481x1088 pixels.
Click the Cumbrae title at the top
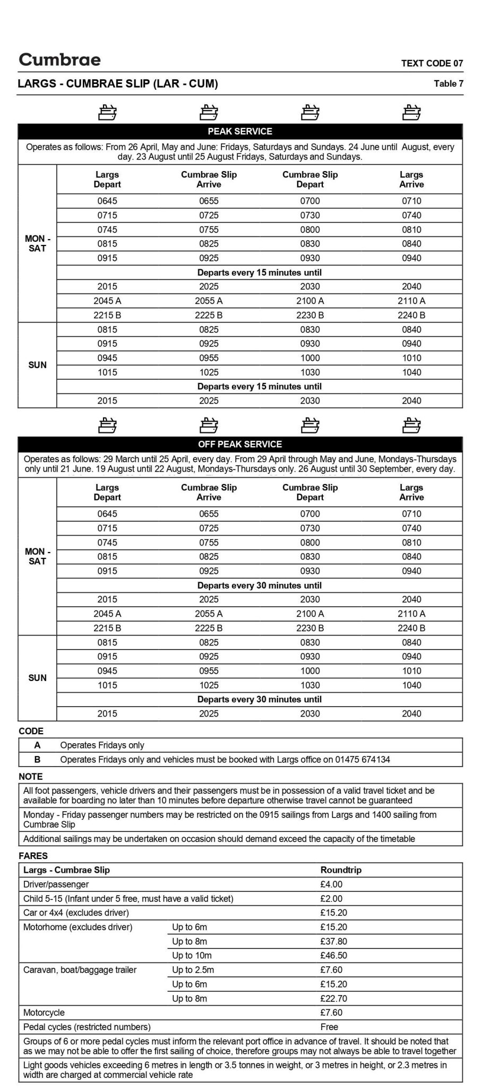point(59,59)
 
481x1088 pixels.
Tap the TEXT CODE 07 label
point(432,63)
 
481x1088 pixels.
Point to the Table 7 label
point(448,83)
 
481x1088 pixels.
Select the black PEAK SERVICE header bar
point(240,131)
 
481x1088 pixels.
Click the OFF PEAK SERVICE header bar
point(240,444)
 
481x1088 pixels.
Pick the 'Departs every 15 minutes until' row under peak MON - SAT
point(259,273)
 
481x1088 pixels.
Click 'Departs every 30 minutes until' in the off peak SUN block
point(259,699)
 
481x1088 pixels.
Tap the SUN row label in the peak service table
point(37,365)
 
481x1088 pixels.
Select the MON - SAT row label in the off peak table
point(37,556)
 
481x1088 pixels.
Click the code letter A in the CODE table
point(37,745)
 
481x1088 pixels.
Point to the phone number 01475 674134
point(362,760)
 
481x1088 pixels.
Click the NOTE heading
point(30,777)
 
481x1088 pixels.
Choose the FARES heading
point(33,856)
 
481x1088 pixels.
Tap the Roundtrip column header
point(341,870)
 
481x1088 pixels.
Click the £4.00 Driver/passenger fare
point(331,885)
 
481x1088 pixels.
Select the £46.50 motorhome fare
point(333,956)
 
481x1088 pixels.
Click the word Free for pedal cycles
point(329,1027)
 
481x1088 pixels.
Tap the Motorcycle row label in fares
point(44,1013)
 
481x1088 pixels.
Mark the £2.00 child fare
point(331,899)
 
